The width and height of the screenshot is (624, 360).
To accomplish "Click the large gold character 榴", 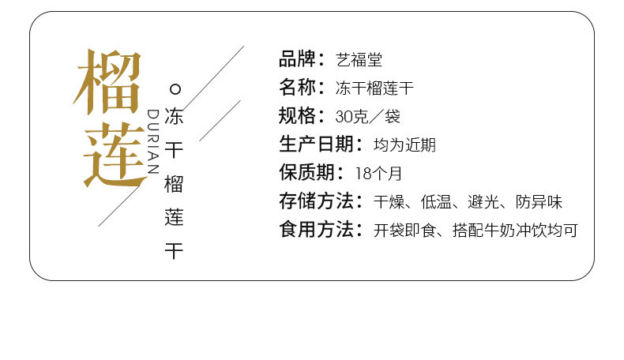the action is point(108,82).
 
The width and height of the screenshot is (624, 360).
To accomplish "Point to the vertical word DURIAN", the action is point(153,141).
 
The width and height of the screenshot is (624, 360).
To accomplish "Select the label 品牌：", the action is point(302,59).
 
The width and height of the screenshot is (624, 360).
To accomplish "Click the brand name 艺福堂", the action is point(359,59).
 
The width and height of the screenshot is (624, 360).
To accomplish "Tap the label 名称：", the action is point(302,88).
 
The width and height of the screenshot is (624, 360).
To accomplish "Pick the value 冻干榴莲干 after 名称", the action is point(375,88).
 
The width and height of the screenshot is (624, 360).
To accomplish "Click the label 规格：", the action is point(302,116).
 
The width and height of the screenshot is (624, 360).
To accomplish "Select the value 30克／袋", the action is point(367,117).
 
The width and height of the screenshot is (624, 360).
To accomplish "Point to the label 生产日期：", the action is point(321,144).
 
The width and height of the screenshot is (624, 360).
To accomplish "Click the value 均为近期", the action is point(404,145).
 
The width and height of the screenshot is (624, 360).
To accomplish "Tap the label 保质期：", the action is point(311,173).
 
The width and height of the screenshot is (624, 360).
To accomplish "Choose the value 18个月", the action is point(378,174).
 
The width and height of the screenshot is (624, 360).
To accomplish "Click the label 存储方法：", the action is point(321,201).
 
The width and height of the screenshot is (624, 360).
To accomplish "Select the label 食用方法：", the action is point(321,230).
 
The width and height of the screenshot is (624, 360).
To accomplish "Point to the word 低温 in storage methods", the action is point(437,202).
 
